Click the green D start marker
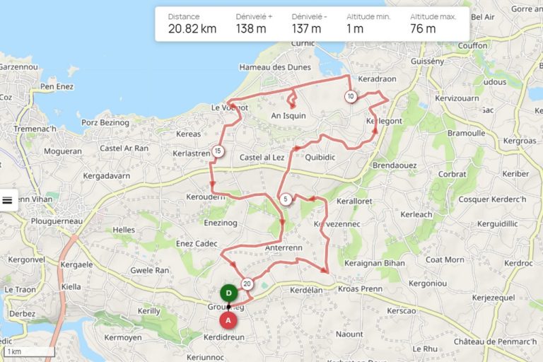(228, 293)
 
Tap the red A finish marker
(228, 320)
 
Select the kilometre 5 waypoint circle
(285, 199)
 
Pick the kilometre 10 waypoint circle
(351, 96)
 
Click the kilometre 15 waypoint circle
(218, 151)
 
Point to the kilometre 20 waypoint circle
(247, 284)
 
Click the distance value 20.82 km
(192, 29)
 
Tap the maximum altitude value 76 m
(423, 29)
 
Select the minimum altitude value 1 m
(355, 29)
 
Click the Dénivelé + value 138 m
(251, 29)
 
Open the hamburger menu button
(8, 200)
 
